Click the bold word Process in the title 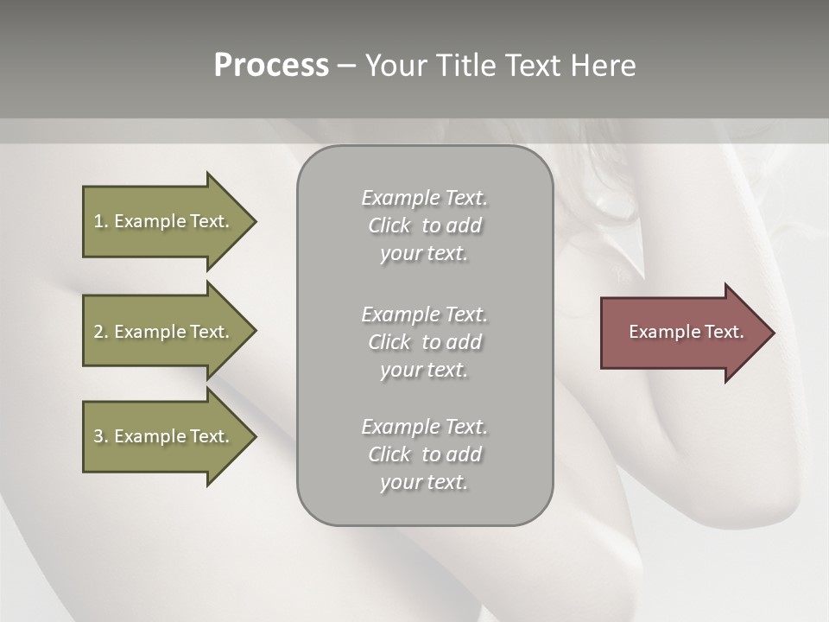click(x=271, y=66)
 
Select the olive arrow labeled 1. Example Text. click(x=164, y=221)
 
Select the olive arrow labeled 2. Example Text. click(x=164, y=332)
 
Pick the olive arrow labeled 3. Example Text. click(x=164, y=436)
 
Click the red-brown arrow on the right click(x=682, y=332)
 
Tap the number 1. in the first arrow click(x=100, y=221)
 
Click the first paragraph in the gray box click(x=424, y=225)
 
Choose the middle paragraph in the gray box click(x=424, y=342)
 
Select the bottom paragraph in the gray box click(x=424, y=454)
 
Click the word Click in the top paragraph click(x=389, y=225)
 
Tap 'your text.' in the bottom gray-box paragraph click(x=424, y=482)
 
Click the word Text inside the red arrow click(x=724, y=332)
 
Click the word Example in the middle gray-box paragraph click(x=400, y=314)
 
